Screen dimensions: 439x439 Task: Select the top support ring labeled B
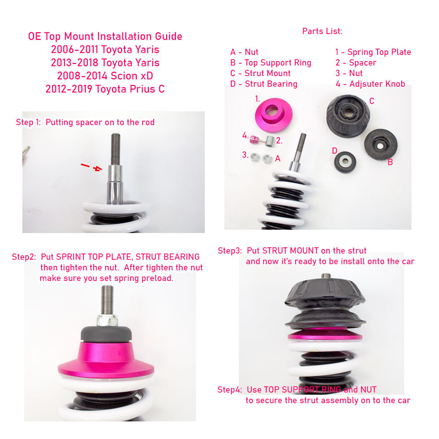[380, 145]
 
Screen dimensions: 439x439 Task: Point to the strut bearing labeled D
[345, 162]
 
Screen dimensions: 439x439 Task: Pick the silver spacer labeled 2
[270, 141]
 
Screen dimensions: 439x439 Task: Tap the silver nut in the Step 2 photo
[107, 320]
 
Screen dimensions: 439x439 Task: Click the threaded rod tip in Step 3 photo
[326, 276]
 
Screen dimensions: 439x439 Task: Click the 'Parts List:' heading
[322, 31]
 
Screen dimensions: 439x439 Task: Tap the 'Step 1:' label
[28, 122]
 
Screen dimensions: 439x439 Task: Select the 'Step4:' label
[229, 390]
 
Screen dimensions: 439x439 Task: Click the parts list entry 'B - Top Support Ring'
[271, 63]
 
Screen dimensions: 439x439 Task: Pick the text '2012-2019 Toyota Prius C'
[105, 89]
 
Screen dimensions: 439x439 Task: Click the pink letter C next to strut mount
[372, 101]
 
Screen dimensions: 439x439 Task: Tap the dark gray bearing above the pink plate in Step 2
[106, 334]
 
